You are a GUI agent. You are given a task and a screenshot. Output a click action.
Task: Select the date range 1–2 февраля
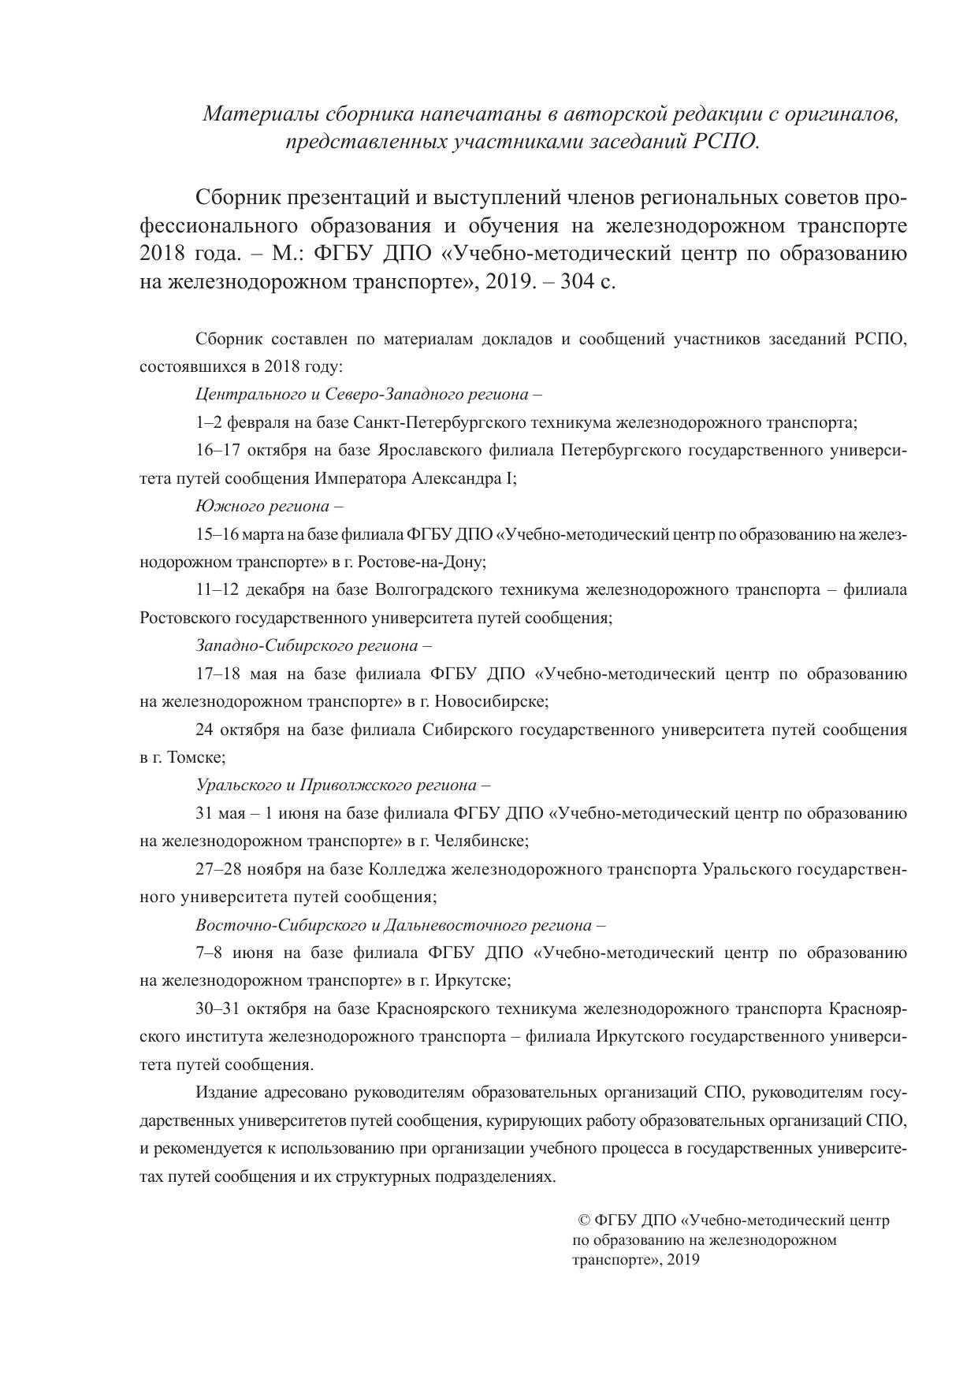pos(244,422)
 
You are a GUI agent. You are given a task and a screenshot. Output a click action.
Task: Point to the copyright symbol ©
pos(585,1220)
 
